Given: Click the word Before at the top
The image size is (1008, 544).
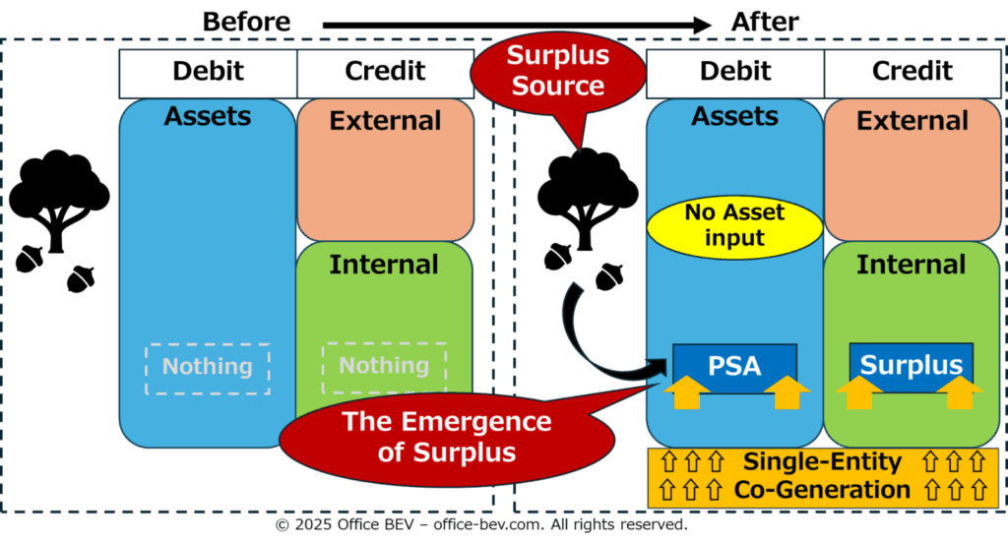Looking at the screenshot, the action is point(246,22).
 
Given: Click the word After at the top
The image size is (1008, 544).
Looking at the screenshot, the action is point(765,22).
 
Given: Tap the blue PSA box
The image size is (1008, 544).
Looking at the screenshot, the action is point(734,366).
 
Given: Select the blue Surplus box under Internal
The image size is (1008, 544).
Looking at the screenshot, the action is point(911,365).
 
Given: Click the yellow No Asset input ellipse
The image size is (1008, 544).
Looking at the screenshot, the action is point(734,226).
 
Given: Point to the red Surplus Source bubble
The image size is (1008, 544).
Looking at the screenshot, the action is point(558,72).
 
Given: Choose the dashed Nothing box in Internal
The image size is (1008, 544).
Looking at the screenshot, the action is point(384,367).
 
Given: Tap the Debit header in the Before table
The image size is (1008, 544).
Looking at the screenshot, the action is point(208,71).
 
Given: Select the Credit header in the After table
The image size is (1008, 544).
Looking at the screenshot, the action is point(913,71).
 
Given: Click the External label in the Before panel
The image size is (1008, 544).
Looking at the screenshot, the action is point(385,121).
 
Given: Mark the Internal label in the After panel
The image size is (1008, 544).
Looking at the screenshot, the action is point(911,265).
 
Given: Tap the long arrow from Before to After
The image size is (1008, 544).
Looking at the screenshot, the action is point(517,26).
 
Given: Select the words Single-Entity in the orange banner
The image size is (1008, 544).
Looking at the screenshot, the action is point(822,461).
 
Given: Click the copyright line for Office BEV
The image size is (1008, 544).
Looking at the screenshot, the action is point(481,524).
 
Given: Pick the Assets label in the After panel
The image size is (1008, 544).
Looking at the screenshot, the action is point(734,116).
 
